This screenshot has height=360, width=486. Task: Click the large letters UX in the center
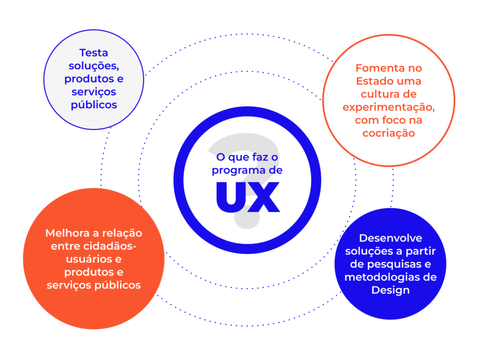247,196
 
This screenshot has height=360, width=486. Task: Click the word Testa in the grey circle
93,53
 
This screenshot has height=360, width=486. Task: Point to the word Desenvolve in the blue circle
390,238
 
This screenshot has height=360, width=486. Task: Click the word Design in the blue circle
390,290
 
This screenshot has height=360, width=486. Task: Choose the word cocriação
388,133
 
